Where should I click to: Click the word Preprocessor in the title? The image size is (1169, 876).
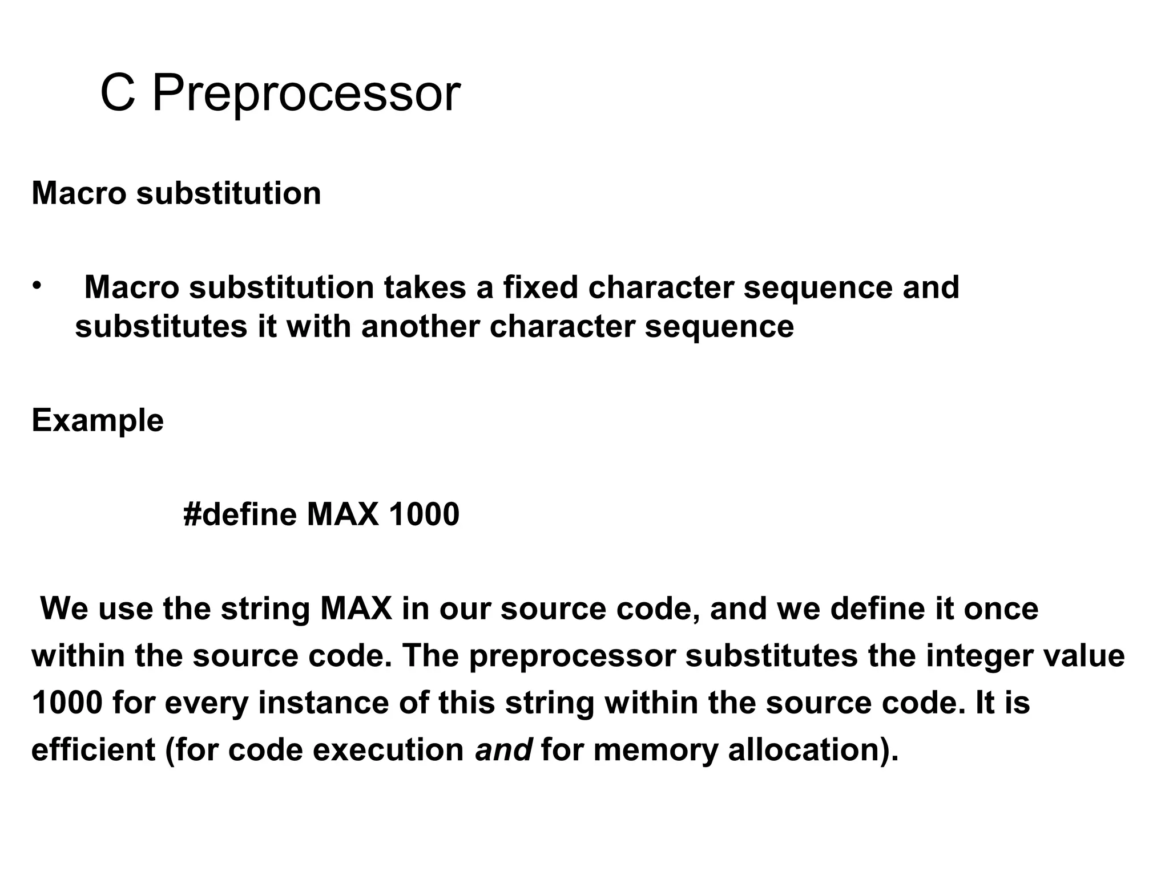point(306,94)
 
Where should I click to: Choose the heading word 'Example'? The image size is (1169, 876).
point(98,421)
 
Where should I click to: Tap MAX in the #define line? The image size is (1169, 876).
point(342,514)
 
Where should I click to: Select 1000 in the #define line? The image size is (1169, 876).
point(424,514)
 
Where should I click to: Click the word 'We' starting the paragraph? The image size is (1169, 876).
point(65,609)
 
